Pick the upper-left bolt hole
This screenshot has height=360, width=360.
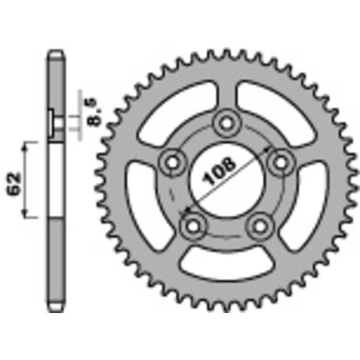tap(169, 162)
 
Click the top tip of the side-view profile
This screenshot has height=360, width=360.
tap(55, 54)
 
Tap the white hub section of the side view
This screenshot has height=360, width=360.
tap(55, 179)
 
